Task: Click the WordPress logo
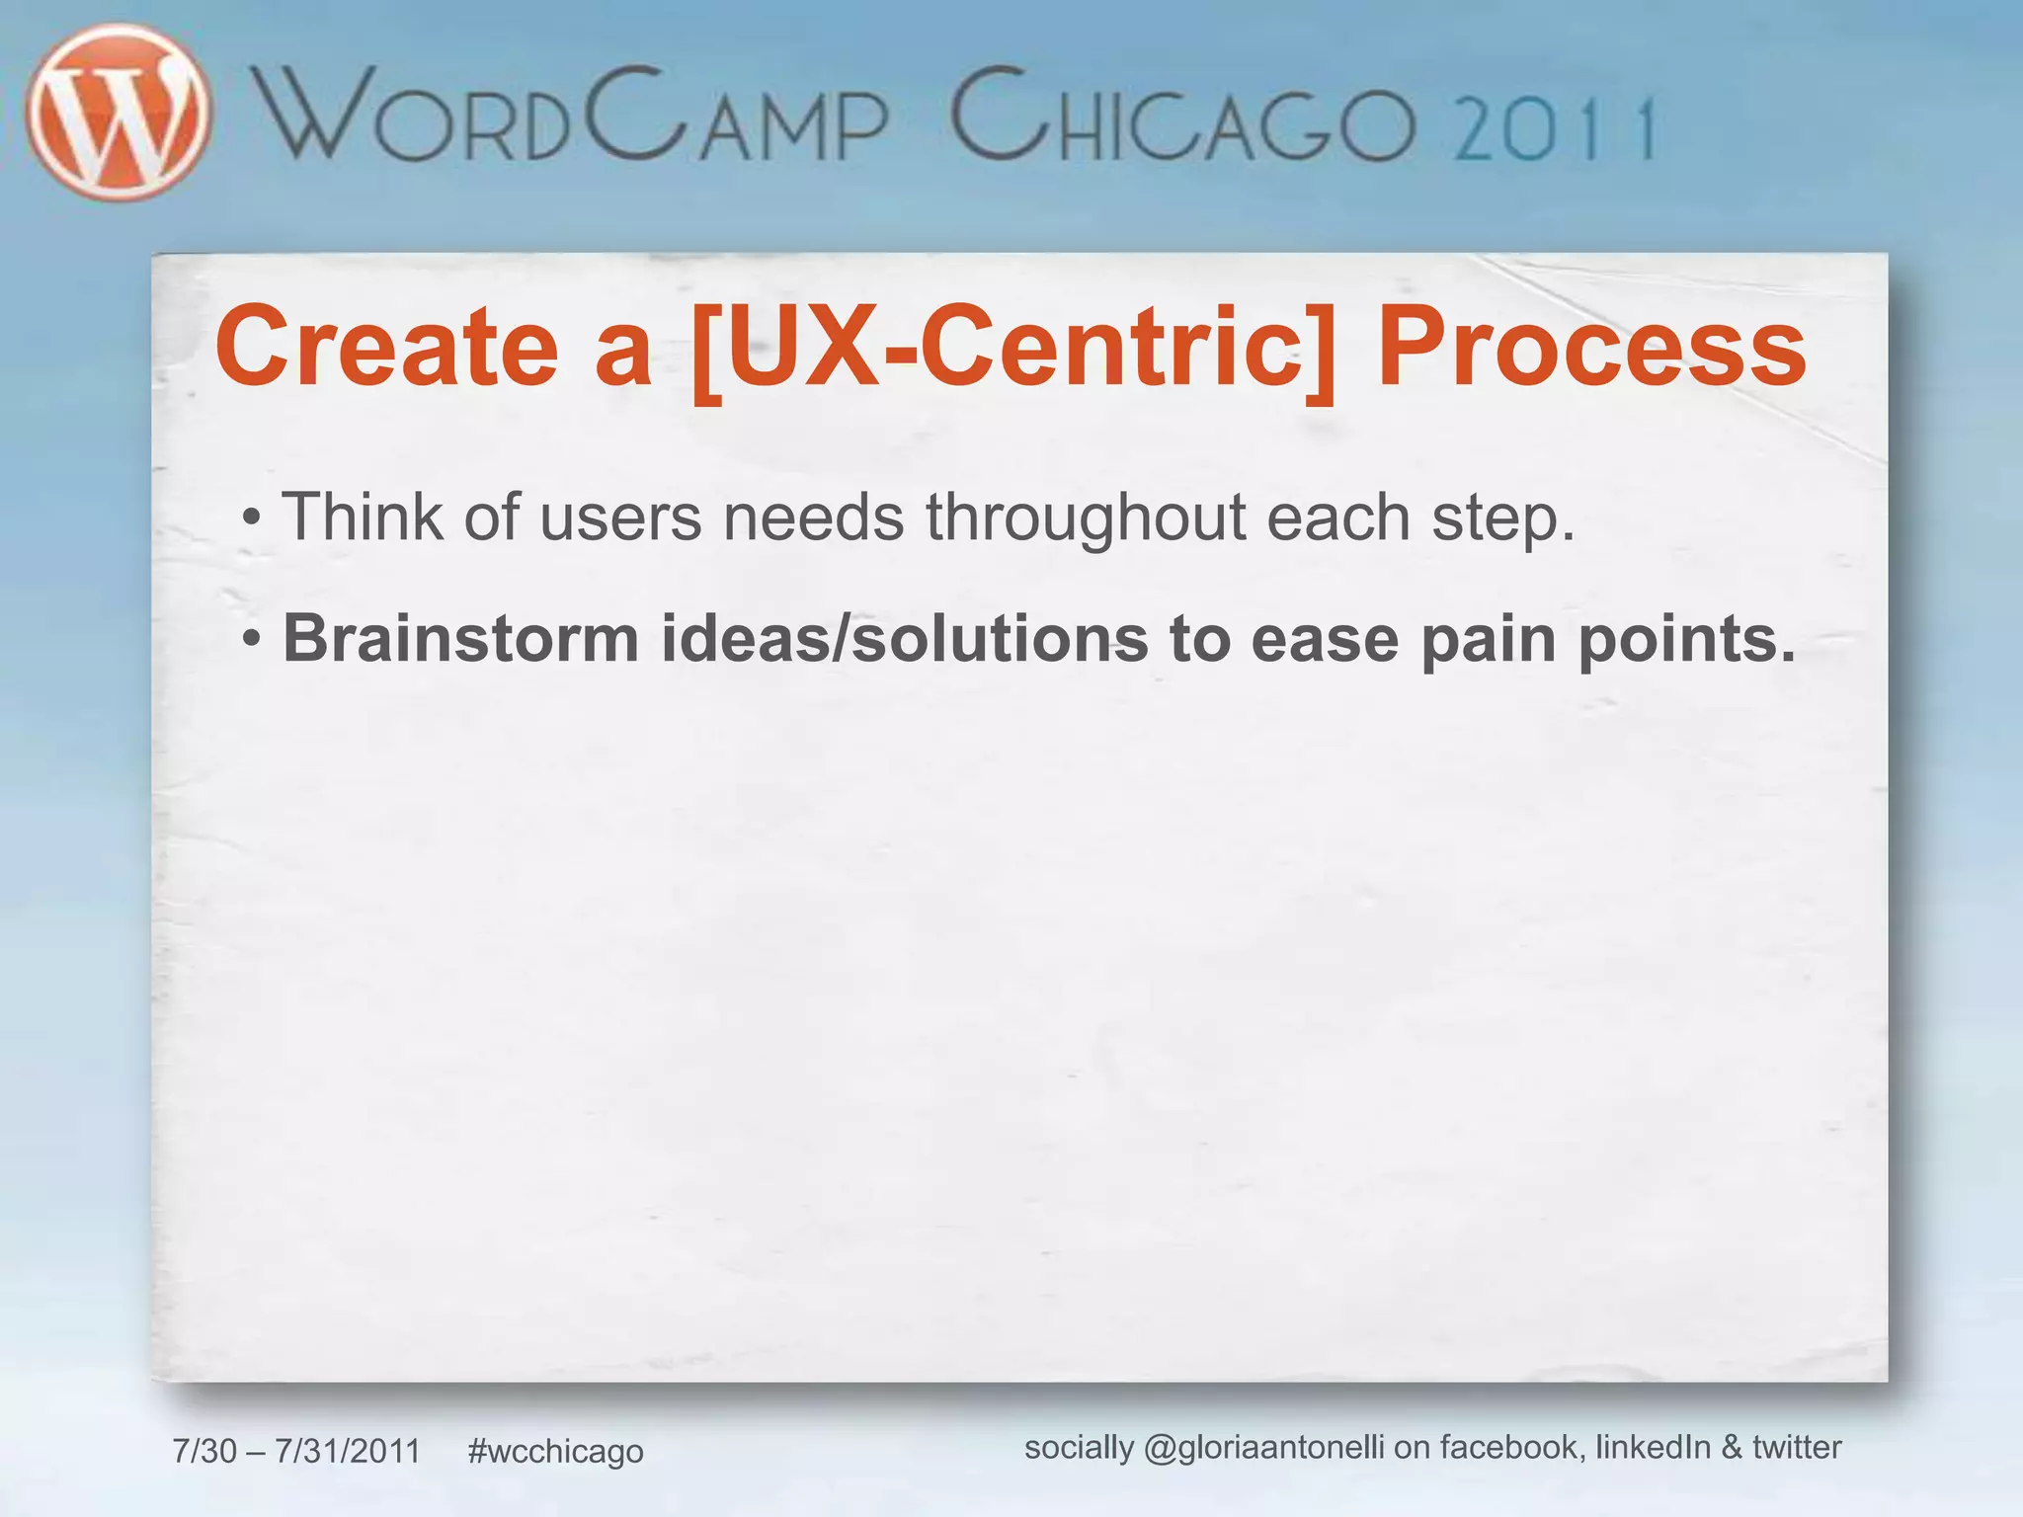point(119,112)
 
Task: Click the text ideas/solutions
point(905,639)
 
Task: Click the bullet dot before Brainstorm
point(252,640)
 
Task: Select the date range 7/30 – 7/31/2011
point(296,1451)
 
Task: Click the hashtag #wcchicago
point(555,1451)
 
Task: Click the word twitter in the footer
point(1797,1447)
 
